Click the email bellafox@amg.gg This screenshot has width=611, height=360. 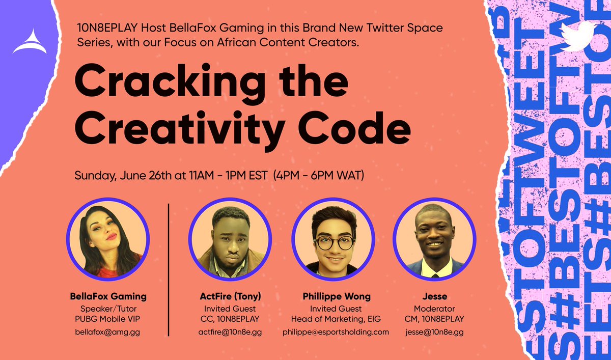tap(107, 332)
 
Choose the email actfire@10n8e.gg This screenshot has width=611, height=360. tap(230, 332)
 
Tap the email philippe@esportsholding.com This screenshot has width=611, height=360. tap(336, 332)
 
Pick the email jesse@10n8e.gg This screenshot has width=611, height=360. tap(435, 332)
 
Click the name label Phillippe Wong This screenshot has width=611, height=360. tap(336, 296)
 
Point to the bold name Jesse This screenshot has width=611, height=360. tap(435, 296)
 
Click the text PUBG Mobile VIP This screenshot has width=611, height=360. tap(107, 319)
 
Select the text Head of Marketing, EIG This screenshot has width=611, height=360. tap(336, 319)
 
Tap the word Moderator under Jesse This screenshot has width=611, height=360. tap(435, 309)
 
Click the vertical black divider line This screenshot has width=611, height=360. tap(169, 270)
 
